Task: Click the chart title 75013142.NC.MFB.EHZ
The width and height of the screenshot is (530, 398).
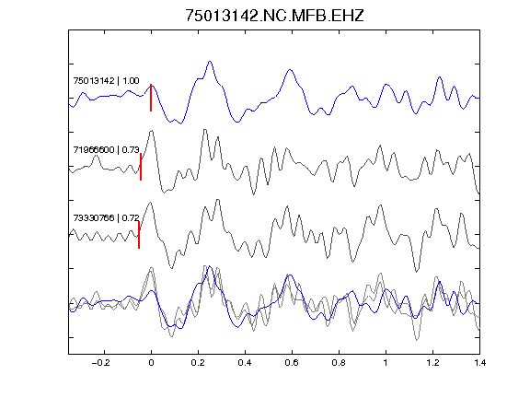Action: [274, 16]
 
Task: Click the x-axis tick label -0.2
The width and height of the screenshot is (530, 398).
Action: [101, 363]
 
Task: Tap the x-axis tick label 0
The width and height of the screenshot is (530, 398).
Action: [151, 363]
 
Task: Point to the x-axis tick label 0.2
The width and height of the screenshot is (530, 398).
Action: [198, 363]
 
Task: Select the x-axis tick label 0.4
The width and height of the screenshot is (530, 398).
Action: [245, 363]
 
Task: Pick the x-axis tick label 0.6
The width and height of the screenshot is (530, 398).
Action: [292, 363]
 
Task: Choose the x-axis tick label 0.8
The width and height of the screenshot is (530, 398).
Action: [339, 363]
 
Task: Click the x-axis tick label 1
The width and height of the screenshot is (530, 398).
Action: [386, 363]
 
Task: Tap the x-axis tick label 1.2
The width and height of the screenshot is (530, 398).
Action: [432, 363]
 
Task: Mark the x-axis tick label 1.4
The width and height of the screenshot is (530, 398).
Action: [479, 363]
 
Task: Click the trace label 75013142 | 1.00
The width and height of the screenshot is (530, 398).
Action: [106, 81]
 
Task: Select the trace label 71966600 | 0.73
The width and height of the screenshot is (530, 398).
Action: [106, 149]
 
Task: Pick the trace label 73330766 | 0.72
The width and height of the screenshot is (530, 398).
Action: [106, 218]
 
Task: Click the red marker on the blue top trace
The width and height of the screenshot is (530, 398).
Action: [151, 98]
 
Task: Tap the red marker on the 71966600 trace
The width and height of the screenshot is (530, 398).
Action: [141, 167]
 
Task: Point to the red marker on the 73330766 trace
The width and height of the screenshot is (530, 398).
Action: [139, 235]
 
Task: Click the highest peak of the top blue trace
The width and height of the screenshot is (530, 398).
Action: [210, 62]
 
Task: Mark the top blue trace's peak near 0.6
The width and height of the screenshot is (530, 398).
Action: [290, 70]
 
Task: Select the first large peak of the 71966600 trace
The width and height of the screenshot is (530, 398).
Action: [152, 131]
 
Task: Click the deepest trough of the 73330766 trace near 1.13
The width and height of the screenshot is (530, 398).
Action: [417, 272]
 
